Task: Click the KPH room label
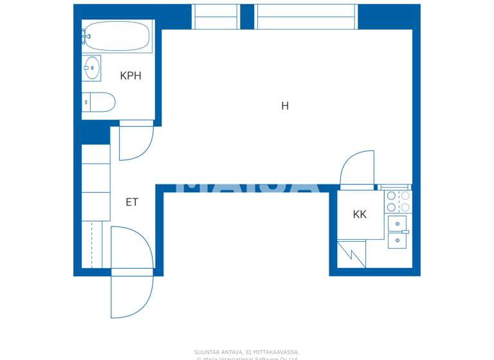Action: point(131,76)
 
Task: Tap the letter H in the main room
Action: point(285,106)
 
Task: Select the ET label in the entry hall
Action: point(132,203)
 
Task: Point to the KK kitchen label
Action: point(360,215)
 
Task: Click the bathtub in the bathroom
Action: point(116,36)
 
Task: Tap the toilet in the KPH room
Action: point(100,102)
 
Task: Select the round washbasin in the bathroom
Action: point(92,67)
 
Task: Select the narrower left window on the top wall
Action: point(215,17)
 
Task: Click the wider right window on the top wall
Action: point(306,17)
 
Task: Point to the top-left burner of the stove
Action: point(391,196)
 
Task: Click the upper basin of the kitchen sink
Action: point(397,223)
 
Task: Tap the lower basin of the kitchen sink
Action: point(397,240)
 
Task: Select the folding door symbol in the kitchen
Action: point(352,254)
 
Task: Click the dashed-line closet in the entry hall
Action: point(91,244)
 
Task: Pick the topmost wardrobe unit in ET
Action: point(95,154)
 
